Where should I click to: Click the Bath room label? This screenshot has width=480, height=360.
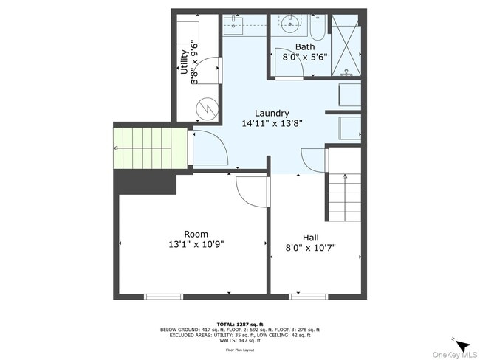point(304,46)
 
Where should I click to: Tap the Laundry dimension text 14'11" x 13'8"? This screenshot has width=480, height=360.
point(272,123)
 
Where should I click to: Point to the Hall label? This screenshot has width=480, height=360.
point(310,237)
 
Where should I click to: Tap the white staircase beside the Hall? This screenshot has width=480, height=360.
point(345,197)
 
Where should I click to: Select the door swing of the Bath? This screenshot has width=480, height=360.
point(284,62)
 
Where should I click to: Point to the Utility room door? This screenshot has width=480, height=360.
point(210,70)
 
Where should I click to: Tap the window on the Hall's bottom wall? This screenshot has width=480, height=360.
point(309,297)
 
